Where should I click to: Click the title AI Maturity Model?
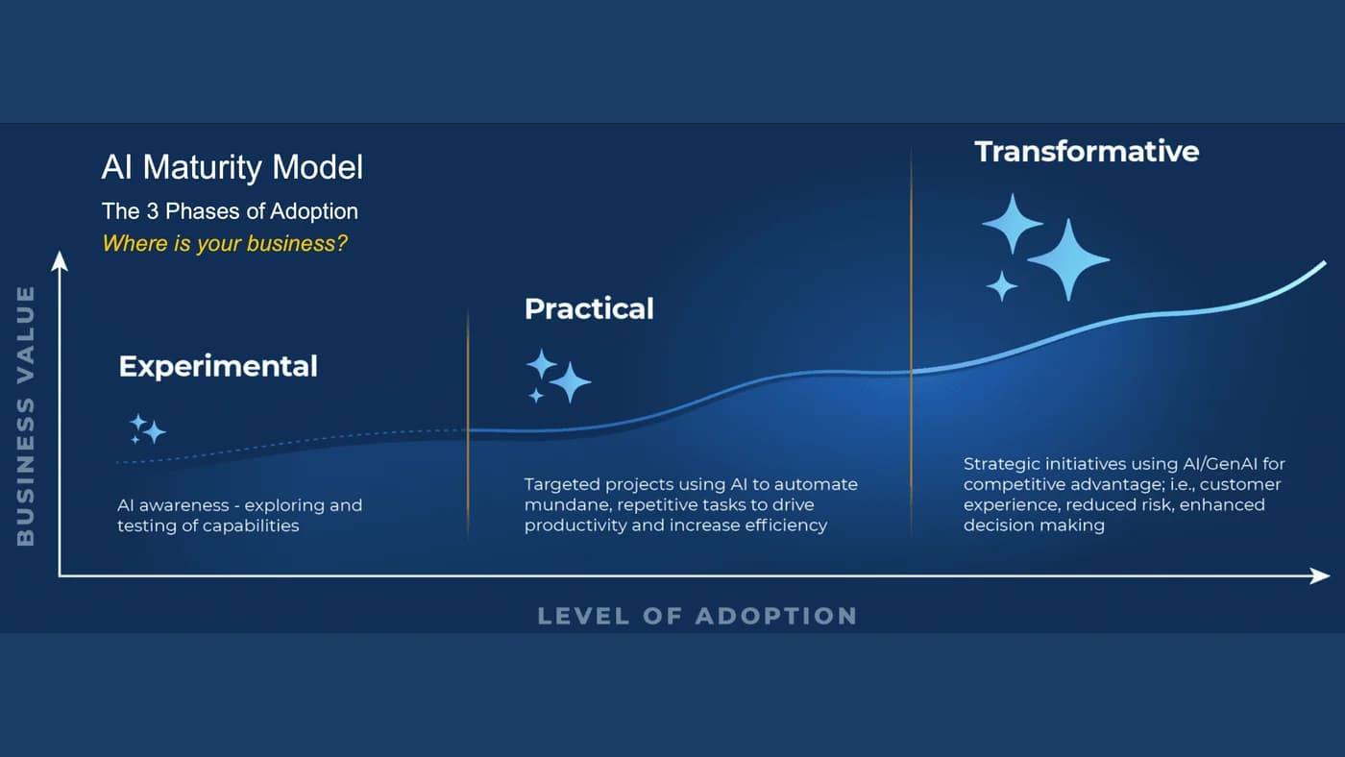232,167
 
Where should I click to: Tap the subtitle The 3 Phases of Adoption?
230,211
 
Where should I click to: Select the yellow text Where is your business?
225,244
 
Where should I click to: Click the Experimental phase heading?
218,366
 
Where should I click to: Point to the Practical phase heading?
589,308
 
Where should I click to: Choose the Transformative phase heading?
1087,151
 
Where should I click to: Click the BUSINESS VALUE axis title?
26,416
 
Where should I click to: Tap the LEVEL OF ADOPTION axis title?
697,616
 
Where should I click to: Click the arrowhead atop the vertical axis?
59,260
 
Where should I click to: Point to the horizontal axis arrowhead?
1320,575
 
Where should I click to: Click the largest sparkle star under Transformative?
1068,259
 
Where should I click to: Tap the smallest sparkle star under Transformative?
1001,285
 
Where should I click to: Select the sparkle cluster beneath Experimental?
148,428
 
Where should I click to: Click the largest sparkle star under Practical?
570,381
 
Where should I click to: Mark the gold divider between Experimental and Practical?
468,424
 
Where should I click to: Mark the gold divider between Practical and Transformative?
911,342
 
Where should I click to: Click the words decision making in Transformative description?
1034,525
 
